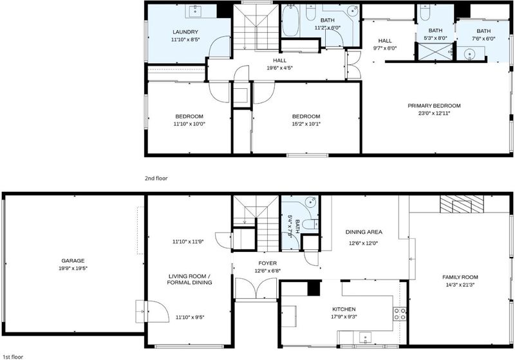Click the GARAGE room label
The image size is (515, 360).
[x=73, y=261]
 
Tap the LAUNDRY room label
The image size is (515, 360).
[x=185, y=32]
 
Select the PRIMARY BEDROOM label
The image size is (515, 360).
[x=434, y=106]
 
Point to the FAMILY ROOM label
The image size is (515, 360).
[x=460, y=277]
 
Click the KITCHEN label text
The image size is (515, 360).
[x=344, y=309]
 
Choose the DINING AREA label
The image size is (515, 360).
[x=364, y=232]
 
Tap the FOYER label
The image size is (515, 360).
[x=267, y=263]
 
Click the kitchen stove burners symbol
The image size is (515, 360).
[x=400, y=314]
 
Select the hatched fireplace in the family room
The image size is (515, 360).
[x=462, y=204]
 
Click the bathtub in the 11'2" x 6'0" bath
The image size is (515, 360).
[x=290, y=21]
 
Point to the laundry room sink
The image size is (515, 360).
[x=195, y=11]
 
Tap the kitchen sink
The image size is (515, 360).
[x=364, y=337]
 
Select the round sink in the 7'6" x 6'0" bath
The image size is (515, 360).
[x=471, y=53]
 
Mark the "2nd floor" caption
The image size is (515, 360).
[x=156, y=178]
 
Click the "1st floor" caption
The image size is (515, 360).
[x=13, y=357]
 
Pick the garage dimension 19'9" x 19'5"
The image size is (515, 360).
[x=73, y=269]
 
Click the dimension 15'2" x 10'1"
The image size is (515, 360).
[x=306, y=124]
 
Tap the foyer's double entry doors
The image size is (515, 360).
[x=256, y=289]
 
